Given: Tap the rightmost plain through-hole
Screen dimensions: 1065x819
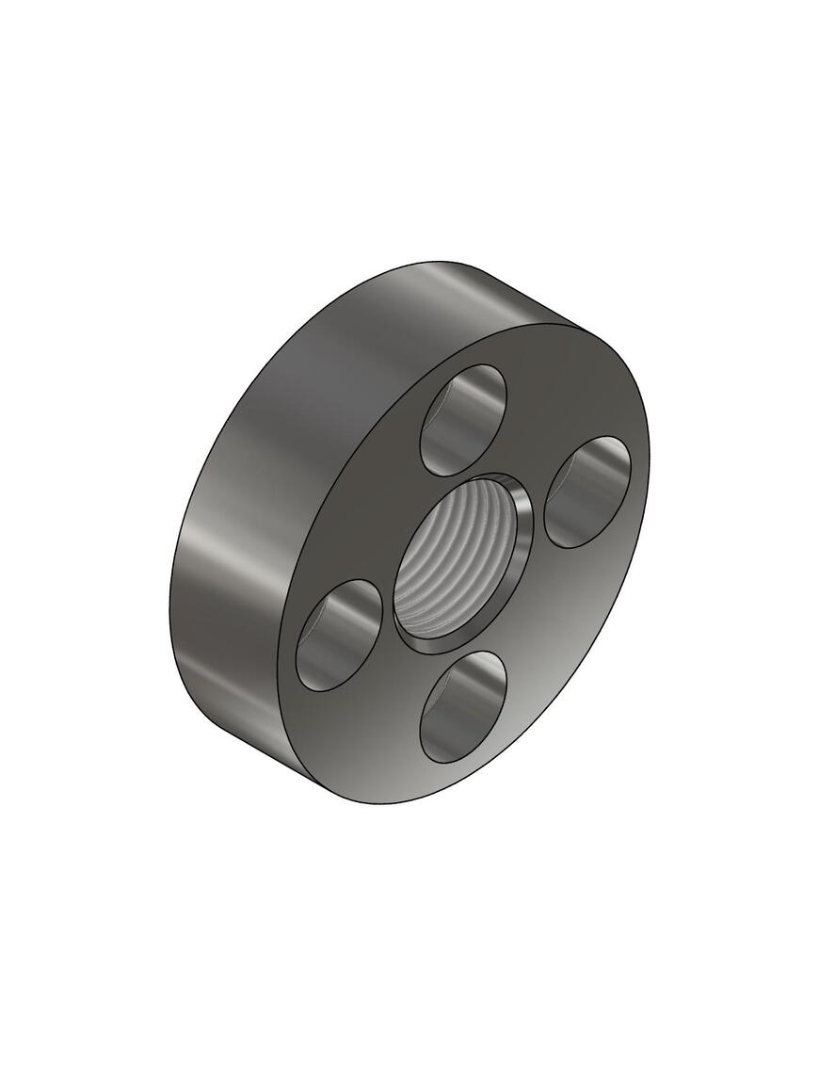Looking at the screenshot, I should pos(587,491).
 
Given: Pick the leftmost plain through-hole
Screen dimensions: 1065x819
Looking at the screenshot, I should pos(338,633).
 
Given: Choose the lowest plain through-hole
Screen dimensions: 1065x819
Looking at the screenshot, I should pos(462,705).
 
